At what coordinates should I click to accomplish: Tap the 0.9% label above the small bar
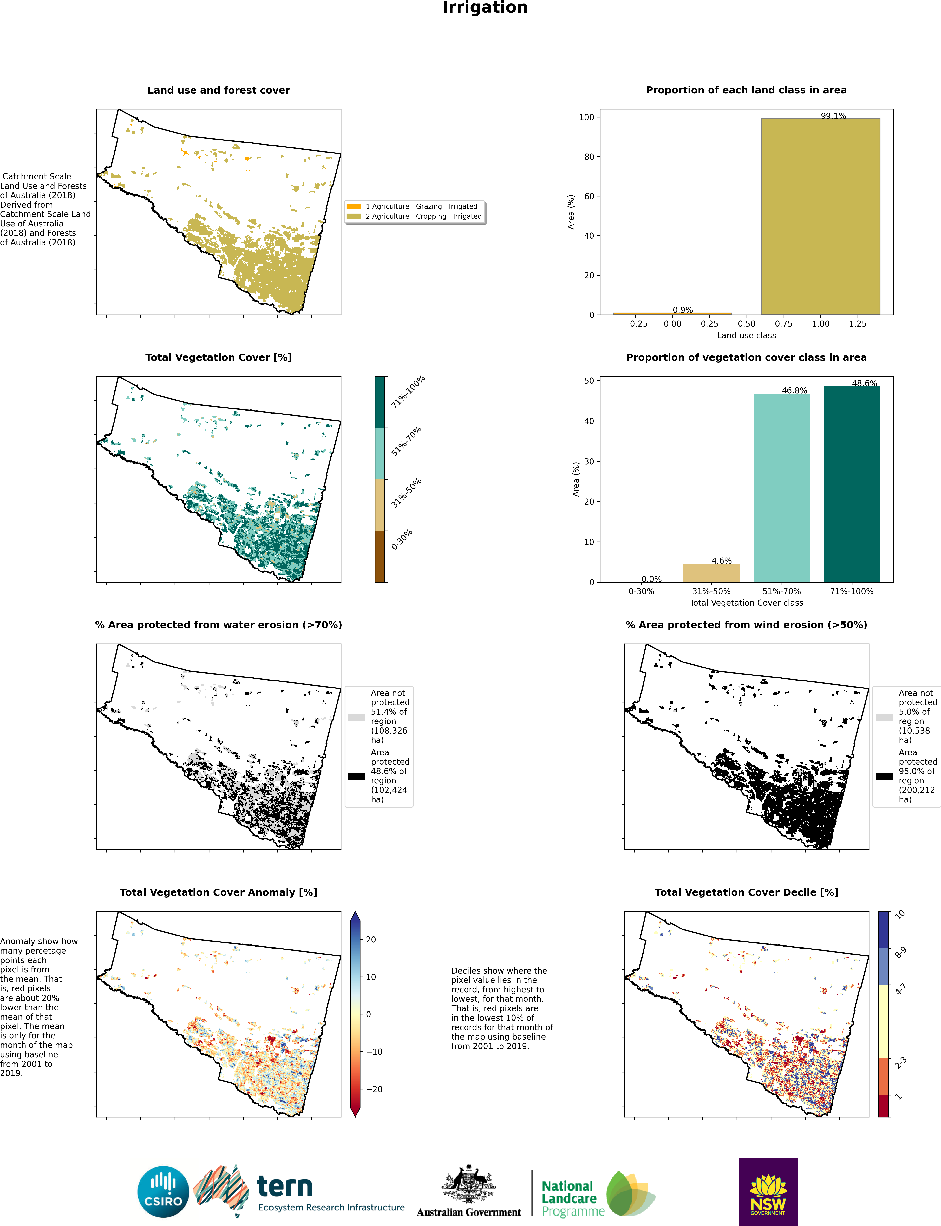(x=683, y=310)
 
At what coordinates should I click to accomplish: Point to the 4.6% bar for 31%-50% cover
(x=711, y=573)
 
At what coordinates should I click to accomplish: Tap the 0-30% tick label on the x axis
(x=641, y=591)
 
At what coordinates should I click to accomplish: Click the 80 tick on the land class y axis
(x=589, y=157)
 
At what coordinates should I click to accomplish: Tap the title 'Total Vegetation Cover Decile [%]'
(x=747, y=892)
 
